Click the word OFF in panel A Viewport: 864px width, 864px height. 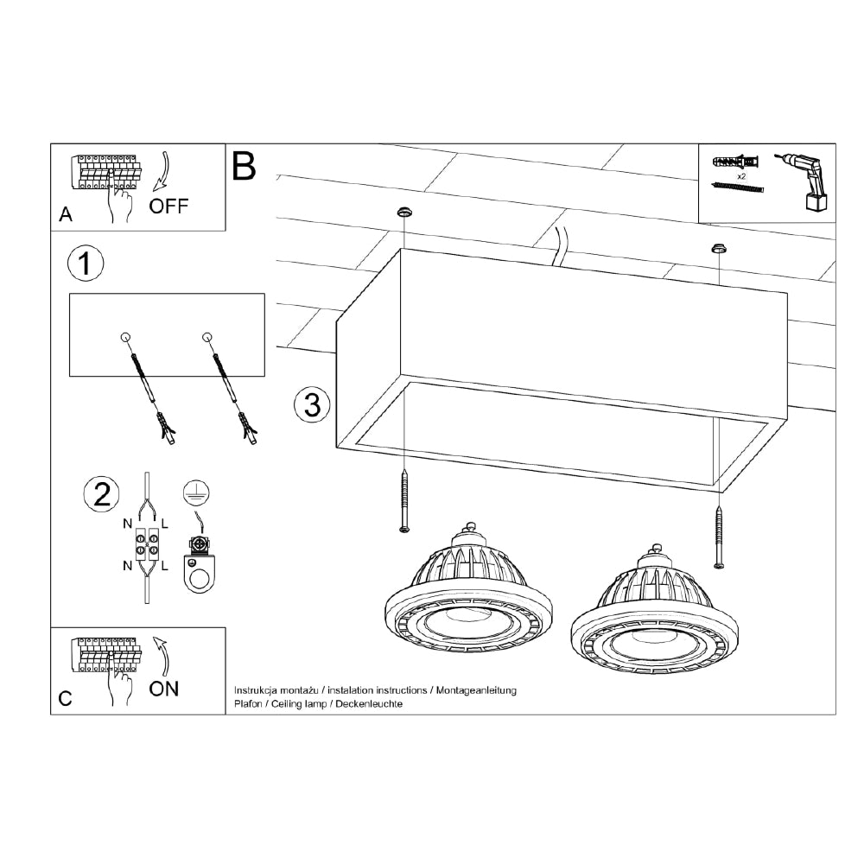tap(168, 206)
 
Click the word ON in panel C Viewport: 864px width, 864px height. tap(164, 689)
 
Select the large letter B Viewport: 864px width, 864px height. tap(245, 166)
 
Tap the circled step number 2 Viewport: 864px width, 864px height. tap(101, 494)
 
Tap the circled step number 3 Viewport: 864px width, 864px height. tap(312, 404)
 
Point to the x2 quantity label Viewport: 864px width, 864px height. tap(741, 175)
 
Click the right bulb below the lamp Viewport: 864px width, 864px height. tap(654, 613)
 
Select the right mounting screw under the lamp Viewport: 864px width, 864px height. tap(720, 539)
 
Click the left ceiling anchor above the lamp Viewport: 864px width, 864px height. tap(403, 212)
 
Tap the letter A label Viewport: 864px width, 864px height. tap(65, 216)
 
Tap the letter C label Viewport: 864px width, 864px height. tap(66, 699)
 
